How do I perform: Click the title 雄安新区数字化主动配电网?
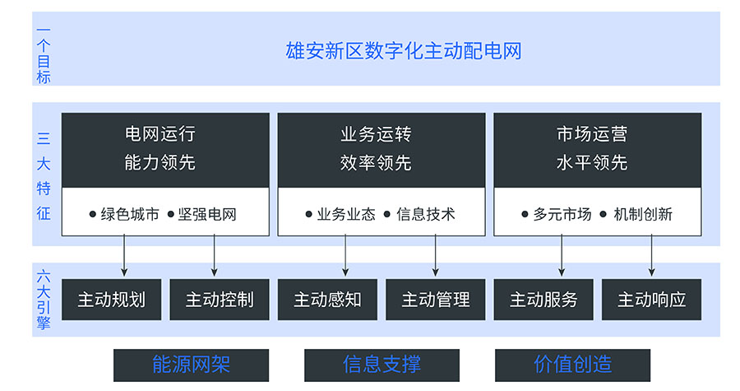tap(404, 51)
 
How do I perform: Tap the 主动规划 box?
tap(111, 300)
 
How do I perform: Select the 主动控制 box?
tap(220, 300)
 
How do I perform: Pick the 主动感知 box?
tap(327, 300)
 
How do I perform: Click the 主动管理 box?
tap(436, 300)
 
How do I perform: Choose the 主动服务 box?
tap(543, 300)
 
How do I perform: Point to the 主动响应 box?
tap(652, 300)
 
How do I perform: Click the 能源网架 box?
tap(191, 365)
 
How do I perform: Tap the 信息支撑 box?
tap(382, 365)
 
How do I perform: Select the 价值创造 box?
tap(572, 365)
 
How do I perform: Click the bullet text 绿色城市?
tap(130, 214)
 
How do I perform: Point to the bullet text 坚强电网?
tap(207, 214)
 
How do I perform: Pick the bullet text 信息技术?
tap(426, 214)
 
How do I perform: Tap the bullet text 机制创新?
tap(643, 214)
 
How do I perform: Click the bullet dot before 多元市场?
tap(525, 214)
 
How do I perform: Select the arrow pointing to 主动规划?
tap(124, 256)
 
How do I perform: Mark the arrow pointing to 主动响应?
tap(652, 256)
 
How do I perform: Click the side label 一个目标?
tap(44, 55)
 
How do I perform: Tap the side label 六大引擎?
tap(44, 300)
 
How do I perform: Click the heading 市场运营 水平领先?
tap(592, 148)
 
